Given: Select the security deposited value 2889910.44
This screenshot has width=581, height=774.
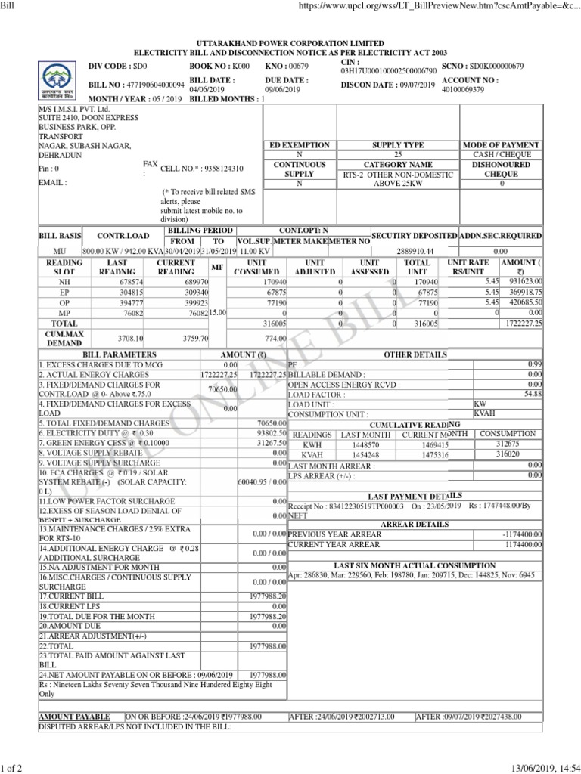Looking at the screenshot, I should point(418,250).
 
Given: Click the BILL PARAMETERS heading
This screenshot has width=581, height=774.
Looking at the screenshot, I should point(120,354).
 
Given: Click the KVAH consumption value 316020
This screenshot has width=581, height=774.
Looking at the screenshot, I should point(506,455).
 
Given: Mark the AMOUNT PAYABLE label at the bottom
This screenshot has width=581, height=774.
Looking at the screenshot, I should point(74,716).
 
